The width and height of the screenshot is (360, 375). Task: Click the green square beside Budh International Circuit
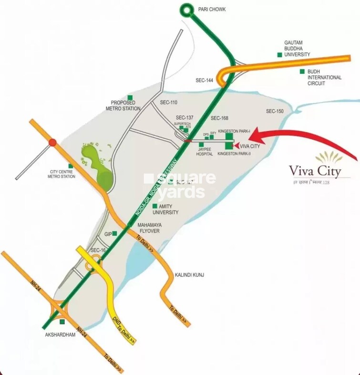pos(302,71)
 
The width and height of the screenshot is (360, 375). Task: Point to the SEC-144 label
pos(204,81)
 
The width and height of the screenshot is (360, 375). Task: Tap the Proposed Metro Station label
pos(125,105)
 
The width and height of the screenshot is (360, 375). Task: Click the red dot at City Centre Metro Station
pos(52,142)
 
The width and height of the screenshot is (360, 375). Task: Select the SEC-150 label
pos(275,111)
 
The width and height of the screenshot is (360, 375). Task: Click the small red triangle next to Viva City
pos(237,146)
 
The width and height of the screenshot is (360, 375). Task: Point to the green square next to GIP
pos(114,233)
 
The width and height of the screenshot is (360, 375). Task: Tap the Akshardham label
pos(60,335)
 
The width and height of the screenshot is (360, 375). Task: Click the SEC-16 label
pos(98,250)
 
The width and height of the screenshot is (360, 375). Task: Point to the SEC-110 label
pos(168,102)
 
